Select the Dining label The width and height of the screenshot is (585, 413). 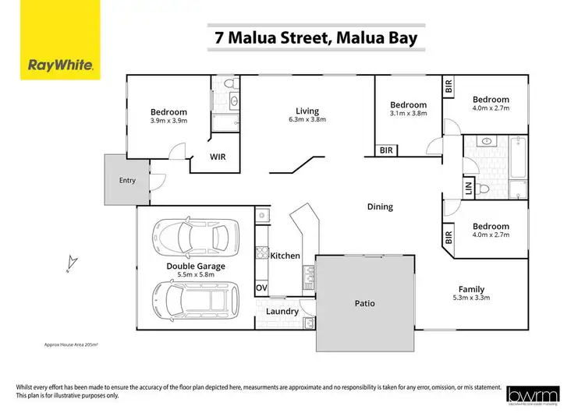pos(380,206)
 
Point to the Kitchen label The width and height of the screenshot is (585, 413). pos(285,256)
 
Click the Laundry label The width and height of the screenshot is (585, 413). pos(282,312)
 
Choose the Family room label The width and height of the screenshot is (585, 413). pos(471,288)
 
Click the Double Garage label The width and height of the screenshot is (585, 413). pos(196,267)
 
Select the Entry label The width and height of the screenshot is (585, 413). pos(127,181)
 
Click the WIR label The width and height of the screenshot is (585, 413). pos(218,156)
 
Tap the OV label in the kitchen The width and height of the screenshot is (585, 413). pos(261,288)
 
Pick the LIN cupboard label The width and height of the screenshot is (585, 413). pos(469,188)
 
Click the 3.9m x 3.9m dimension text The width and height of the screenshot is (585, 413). pos(168,121)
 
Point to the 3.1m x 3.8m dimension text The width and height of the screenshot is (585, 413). pos(409,114)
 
